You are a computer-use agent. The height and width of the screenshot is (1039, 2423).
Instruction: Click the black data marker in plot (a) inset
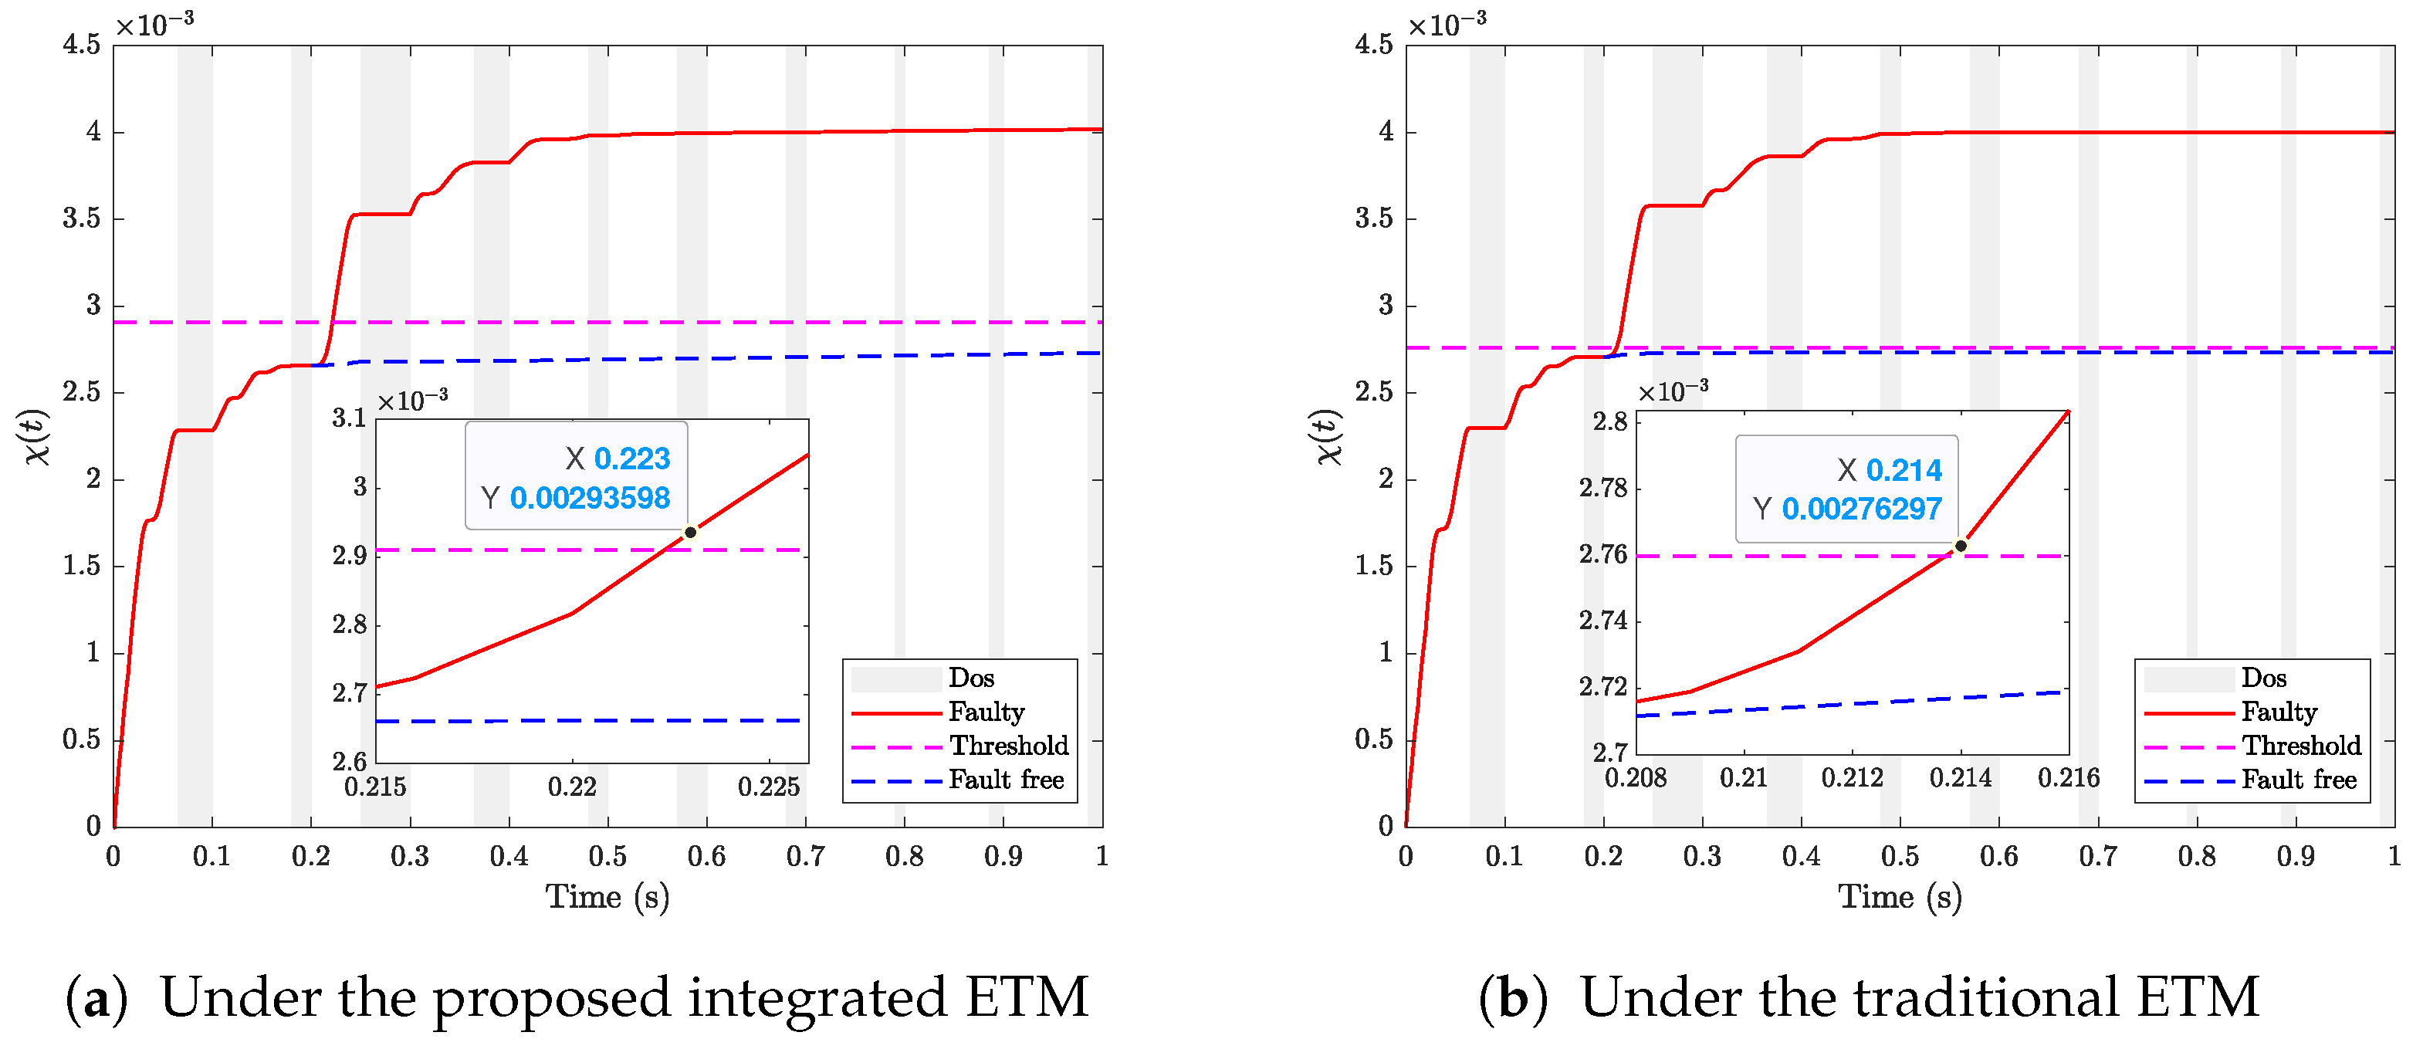[690, 532]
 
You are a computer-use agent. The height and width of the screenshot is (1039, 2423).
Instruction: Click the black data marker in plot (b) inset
[1961, 545]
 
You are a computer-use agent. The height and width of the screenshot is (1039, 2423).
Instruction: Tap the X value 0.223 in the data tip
[631, 459]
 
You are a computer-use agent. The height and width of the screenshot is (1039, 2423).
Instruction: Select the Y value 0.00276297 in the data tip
[1862, 509]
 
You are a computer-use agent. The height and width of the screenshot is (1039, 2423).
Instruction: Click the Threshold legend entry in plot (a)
[1008, 746]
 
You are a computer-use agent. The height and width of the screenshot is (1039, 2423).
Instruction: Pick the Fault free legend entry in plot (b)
[2299, 780]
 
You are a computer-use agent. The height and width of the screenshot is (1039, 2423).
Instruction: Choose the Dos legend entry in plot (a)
[971, 678]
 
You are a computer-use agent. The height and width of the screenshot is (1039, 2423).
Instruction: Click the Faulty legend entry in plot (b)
[2279, 712]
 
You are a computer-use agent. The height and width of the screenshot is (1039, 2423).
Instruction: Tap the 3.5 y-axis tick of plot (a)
[81, 218]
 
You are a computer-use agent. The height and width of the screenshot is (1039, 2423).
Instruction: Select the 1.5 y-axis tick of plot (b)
[1373, 565]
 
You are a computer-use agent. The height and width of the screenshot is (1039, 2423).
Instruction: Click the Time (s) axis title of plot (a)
[607, 897]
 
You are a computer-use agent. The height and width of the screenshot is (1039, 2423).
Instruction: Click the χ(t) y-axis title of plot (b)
[1327, 436]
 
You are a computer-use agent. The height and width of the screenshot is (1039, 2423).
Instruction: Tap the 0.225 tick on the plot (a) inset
[769, 787]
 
